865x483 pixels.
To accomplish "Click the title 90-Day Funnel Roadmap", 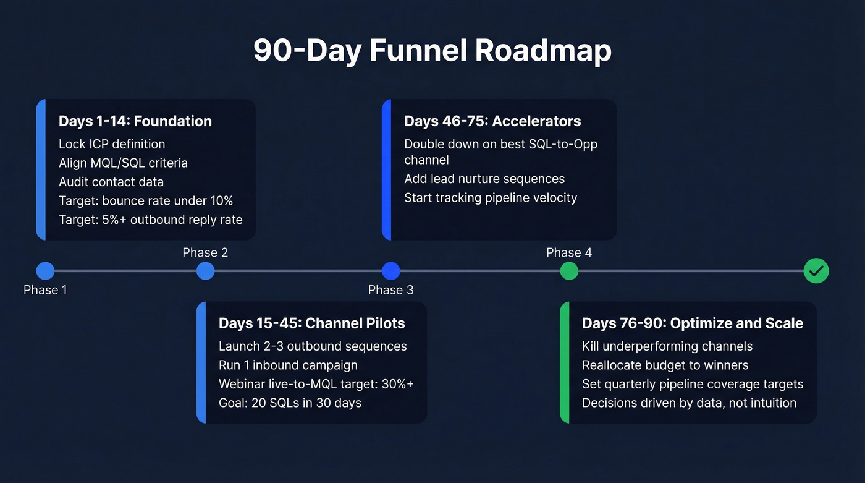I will point(432,51).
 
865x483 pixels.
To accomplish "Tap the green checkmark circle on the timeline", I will point(816,271).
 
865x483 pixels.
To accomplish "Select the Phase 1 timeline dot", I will point(45,271).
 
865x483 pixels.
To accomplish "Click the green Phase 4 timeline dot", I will point(568,271).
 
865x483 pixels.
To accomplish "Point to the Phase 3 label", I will point(390,290).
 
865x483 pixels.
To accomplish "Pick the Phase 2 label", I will point(205,252).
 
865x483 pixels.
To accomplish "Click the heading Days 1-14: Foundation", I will point(135,121).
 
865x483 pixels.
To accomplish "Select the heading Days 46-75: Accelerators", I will point(492,121).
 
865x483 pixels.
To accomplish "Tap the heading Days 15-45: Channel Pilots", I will point(311,323).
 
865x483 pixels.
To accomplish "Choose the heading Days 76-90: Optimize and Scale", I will point(692,323).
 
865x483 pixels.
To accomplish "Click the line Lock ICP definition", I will point(112,144).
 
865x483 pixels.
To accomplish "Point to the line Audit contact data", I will point(111,182).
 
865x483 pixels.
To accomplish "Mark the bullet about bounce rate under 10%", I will point(146,200).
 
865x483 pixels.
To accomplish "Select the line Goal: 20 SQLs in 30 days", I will point(290,403).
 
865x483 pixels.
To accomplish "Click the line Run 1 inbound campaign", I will point(288,365).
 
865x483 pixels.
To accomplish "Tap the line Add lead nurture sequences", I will point(484,179).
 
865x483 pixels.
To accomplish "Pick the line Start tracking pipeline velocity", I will point(491,198).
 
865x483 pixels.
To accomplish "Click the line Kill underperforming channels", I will point(667,346).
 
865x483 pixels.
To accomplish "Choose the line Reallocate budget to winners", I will point(665,365).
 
